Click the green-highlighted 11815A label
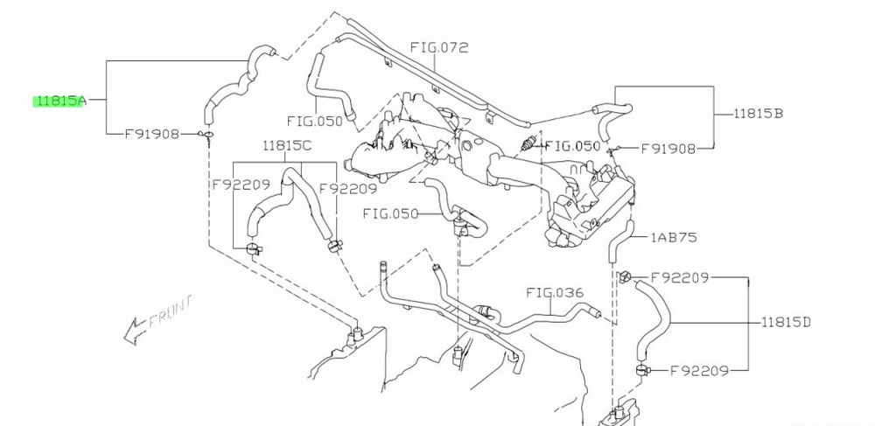click(x=59, y=101)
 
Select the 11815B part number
click(x=759, y=113)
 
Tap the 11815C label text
click(x=287, y=146)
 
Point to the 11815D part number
click(x=786, y=322)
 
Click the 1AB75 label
click(x=674, y=238)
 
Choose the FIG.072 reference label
click(x=439, y=47)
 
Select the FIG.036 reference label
click(x=555, y=292)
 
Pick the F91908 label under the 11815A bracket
click(x=151, y=134)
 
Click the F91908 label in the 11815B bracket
click(x=668, y=149)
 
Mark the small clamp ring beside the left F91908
click(x=205, y=135)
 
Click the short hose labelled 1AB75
click(x=621, y=241)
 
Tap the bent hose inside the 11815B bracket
click(x=612, y=118)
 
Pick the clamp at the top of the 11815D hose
click(x=625, y=276)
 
